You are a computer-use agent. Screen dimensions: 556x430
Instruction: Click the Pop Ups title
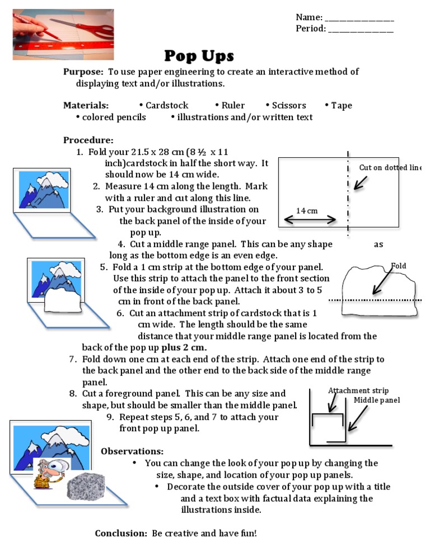pos(199,56)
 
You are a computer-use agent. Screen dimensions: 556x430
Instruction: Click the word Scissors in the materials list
pos(289,106)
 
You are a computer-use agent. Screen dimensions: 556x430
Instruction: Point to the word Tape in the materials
pos(342,106)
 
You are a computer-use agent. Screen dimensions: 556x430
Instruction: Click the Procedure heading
pos(88,140)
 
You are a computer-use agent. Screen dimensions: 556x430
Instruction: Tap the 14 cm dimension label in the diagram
pos(307,211)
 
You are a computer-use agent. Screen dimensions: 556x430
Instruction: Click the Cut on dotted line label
pos(390,168)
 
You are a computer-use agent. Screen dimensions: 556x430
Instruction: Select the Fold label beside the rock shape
pos(399,266)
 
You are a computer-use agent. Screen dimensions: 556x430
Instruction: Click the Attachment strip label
pos(358,390)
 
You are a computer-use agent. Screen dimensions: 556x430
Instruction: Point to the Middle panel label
pos(376,400)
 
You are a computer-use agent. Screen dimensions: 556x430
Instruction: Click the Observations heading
pos(132,451)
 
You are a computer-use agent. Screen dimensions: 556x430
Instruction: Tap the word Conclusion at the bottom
pos(121,534)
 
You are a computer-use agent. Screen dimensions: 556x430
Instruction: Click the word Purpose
pos(83,72)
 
